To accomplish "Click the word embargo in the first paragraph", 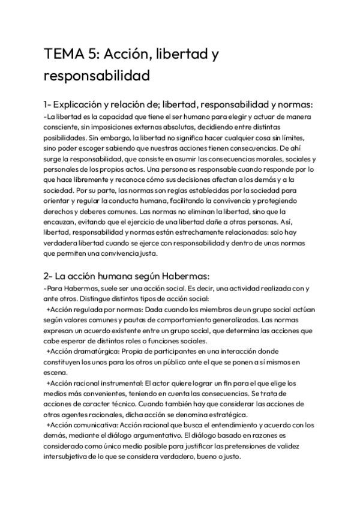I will pyautogui.click(x=113, y=137).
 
